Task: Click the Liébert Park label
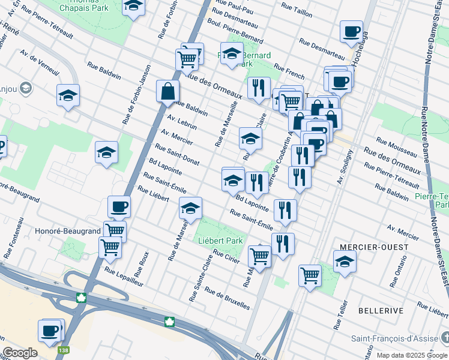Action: pyautogui.click(x=220, y=241)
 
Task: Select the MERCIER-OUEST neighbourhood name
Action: pyautogui.click(x=373, y=247)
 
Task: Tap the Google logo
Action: pyautogui.click(x=20, y=353)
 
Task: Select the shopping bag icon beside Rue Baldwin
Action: pyautogui.click(x=168, y=92)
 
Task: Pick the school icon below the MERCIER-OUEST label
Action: pyautogui.click(x=345, y=262)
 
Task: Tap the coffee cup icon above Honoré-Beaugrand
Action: pyautogui.click(x=119, y=206)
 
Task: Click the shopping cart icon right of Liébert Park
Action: pyautogui.click(x=259, y=256)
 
